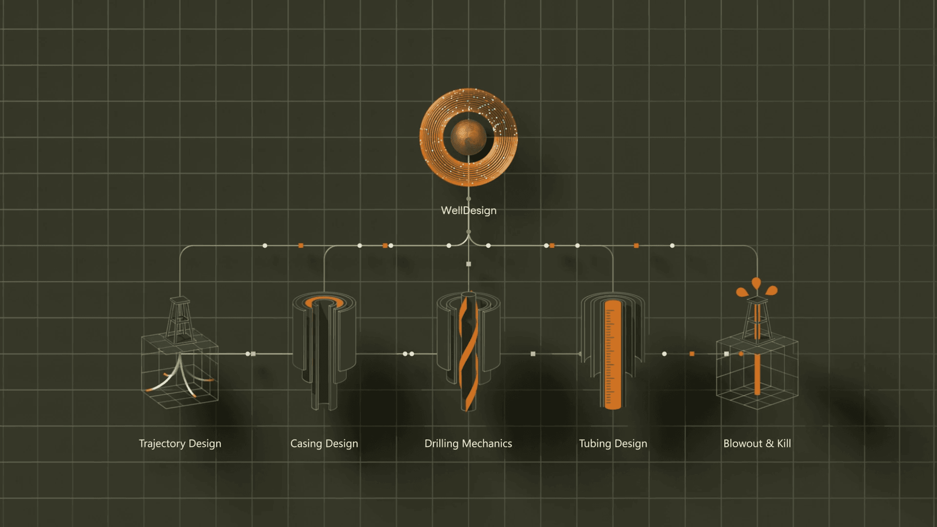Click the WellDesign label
point(468,210)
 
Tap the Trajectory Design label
point(180,444)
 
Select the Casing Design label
point(324,444)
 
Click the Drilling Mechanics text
point(468,444)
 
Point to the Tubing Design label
point(613,444)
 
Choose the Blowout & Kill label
point(757,444)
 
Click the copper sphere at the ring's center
point(468,137)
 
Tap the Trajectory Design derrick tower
point(179,320)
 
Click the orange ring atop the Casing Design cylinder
point(324,302)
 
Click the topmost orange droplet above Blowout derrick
point(756,283)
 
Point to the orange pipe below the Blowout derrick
point(757,374)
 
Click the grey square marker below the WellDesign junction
point(468,264)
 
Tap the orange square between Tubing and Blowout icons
point(692,354)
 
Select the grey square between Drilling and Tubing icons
point(533,354)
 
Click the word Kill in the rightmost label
point(783,444)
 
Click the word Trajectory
point(162,444)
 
